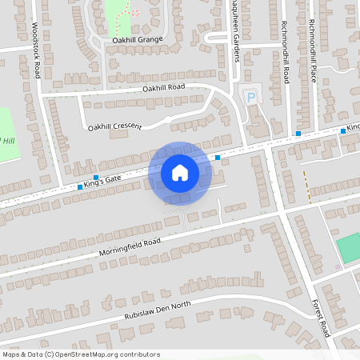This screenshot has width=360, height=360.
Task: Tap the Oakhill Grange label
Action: pos(138,38)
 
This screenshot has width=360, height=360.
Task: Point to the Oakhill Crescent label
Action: pos(114,126)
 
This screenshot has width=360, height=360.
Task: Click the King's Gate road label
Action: pos(102,183)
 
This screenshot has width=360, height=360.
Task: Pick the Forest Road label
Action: pos(320,316)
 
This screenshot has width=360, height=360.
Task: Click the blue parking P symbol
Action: pos(252,98)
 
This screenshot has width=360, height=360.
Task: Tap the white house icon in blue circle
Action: pos(180,173)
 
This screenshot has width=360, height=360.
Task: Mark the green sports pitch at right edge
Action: pos(349,248)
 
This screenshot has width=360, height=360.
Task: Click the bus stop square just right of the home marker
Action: pos(218,158)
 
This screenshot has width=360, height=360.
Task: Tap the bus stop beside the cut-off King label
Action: pos(342,130)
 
